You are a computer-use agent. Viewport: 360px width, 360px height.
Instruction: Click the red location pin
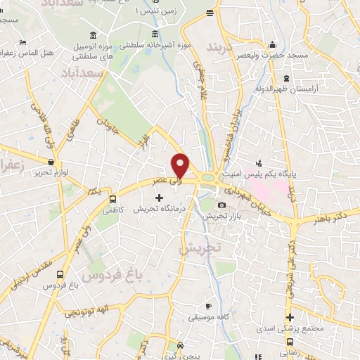point(181,165)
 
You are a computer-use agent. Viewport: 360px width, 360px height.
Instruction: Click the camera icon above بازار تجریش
point(222,205)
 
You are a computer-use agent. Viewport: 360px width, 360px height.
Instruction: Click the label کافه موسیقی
point(209,317)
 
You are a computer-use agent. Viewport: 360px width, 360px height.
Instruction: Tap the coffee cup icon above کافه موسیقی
point(208,306)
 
